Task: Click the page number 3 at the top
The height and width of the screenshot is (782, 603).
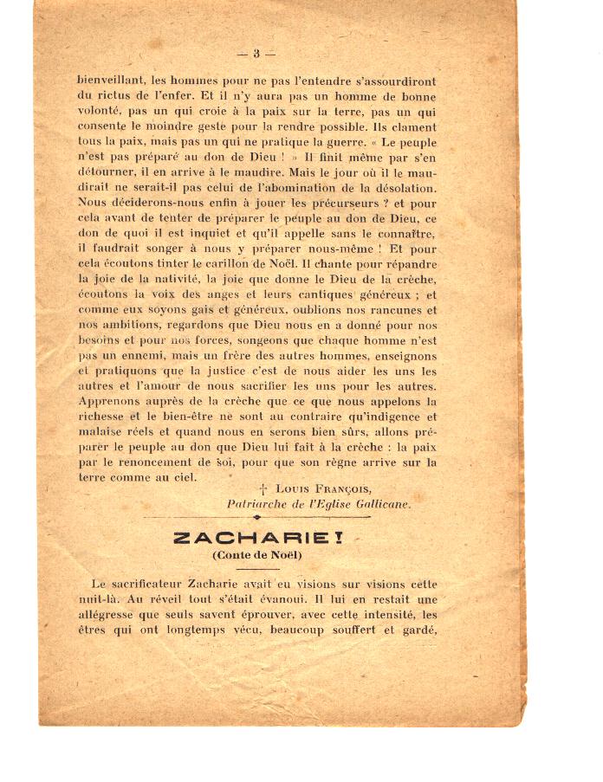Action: pos(256,54)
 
